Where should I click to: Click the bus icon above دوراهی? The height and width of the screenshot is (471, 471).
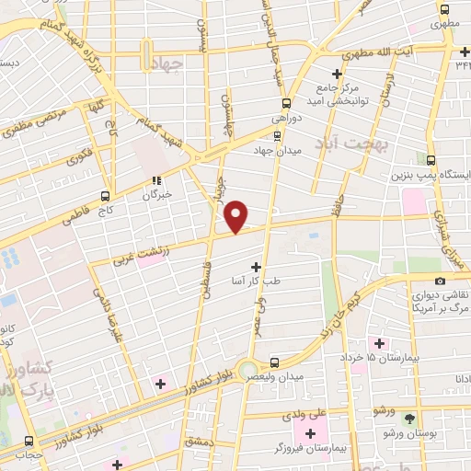pyautogui.click(x=286, y=103)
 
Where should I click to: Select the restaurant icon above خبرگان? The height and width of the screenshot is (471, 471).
pyautogui.click(x=156, y=181)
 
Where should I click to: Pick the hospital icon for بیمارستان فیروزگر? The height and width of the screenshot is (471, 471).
pyautogui.click(x=309, y=431)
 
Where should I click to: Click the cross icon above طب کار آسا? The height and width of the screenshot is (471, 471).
pyautogui.click(x=256, y=267)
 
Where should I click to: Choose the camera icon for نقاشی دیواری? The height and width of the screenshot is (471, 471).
pyautogui.click(x=440, y=280)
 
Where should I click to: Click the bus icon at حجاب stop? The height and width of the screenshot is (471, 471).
pyautogui.click(x=30, y=441)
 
